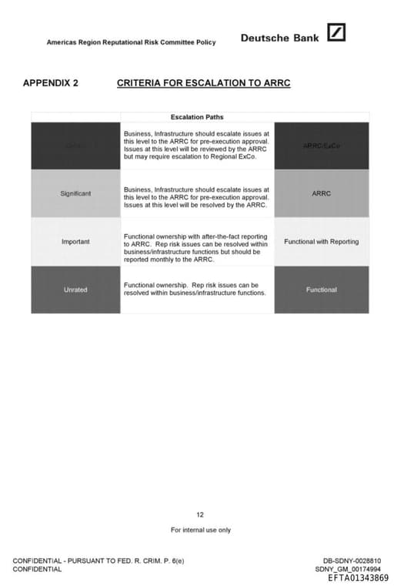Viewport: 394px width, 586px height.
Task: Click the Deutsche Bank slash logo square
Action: pyautogui.click(x=336, y=33)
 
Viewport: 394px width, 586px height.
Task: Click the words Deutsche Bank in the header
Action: pyautogui.click(x=279, y=37)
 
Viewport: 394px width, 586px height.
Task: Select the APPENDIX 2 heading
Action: pyautogui.click(x=51, y=82)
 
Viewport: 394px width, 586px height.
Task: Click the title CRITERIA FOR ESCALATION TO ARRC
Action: pyautogui.click(x=203, y=82)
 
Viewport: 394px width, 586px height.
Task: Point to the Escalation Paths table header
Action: pyautogui.click(x=197, y=117)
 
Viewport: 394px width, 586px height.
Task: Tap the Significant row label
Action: pyautogui.click(x=75, y=193)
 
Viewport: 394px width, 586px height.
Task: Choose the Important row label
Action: pyautogui.click(x=75, y=242)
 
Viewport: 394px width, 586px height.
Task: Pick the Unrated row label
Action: pyautogui.click(x=75, y=290)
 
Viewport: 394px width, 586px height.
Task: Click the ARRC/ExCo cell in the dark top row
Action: pyautogui.click(x=321, y=146)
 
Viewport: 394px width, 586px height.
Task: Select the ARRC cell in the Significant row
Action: pyautogui.click(x=321, y=193)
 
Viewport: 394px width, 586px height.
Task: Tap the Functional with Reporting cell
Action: pyautogui.click(x=321, y=242)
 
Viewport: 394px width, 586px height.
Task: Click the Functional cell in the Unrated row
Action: pyautogui.click(x=321, y=290)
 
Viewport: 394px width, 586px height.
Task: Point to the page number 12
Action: pyautogui.click(x=200, y=514)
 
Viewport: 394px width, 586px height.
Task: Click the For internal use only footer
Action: pyautogui.click(x=200, y=530)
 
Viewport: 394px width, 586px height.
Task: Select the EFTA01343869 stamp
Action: pyautogui.click(x=358, y=578)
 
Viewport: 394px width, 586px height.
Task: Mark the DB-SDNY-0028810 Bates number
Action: pyautogui.click(x=352, y=561)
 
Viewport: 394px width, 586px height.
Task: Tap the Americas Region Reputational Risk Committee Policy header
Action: pyautogui.click(x=131, y=42)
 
